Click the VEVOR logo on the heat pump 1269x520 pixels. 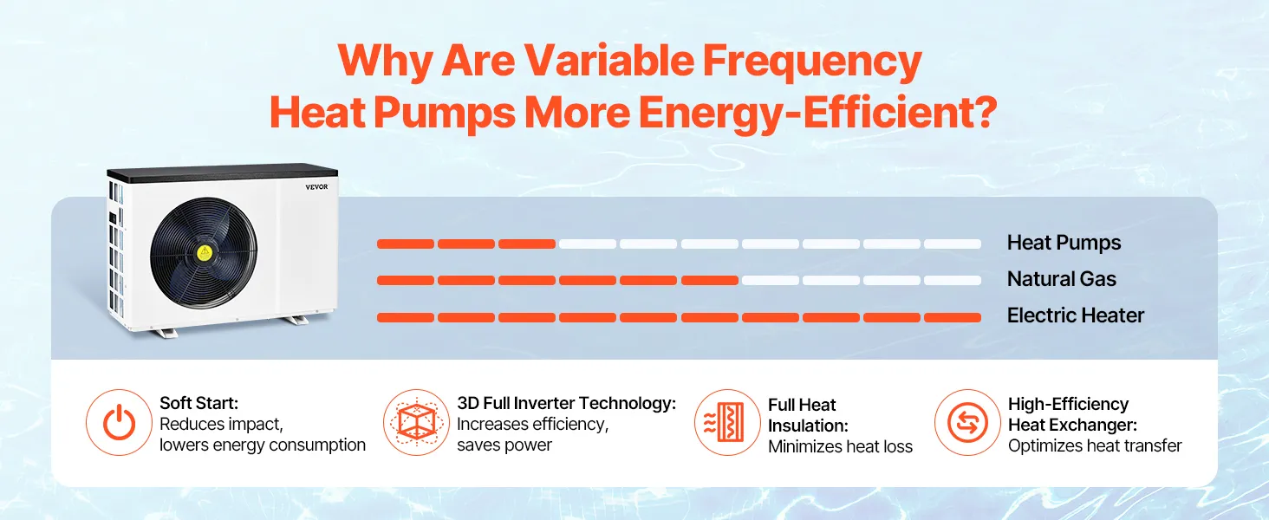[316, 186]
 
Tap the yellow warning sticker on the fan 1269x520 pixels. [205, 253]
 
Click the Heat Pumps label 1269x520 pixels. [1064, 243]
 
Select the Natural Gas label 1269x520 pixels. [1061, 279]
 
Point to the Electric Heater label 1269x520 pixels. [1075, 315]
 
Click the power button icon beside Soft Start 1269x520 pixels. [119, 423]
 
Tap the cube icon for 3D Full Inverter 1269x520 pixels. [416, 423]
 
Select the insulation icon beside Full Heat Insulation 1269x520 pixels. [727, 423]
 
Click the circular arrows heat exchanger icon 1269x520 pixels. [967, 423]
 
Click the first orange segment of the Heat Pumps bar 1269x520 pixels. [406, 244]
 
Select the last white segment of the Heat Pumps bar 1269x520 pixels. [952, 244]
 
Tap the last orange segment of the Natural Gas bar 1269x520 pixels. [709, 281]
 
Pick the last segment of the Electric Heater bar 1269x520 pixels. [952, 317]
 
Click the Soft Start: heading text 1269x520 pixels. [198, 403]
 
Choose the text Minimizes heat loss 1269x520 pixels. [840, 446]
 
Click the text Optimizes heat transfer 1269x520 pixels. [1094, 445]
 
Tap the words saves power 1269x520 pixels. [504, 445]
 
